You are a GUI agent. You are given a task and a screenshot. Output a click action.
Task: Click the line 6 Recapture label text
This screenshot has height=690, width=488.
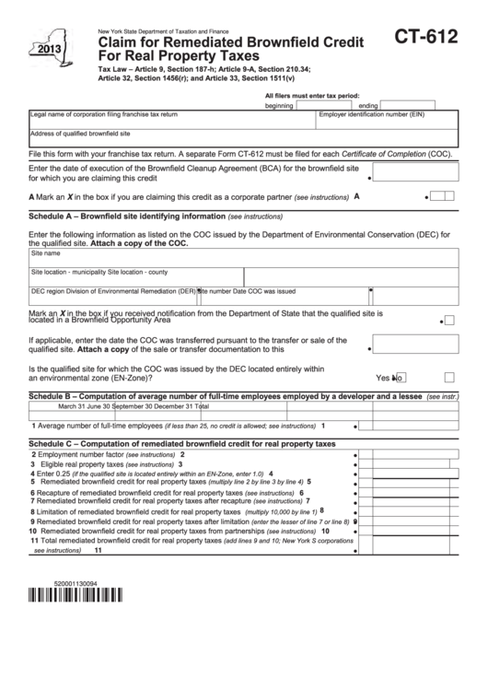click(138, 493)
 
